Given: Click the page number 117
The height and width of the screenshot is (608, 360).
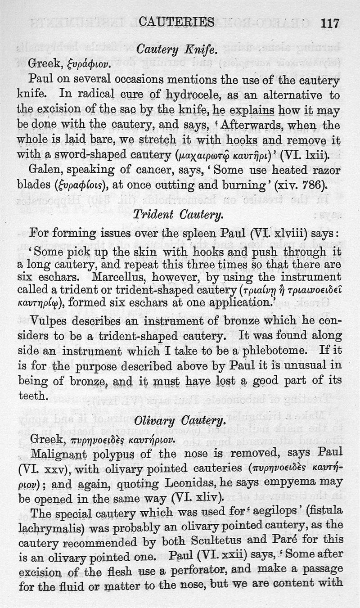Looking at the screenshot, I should coord(330,23).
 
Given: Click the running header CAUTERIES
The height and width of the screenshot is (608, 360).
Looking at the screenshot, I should coord(176,22).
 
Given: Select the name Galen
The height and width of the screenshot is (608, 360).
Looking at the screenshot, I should coord(45,171).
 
